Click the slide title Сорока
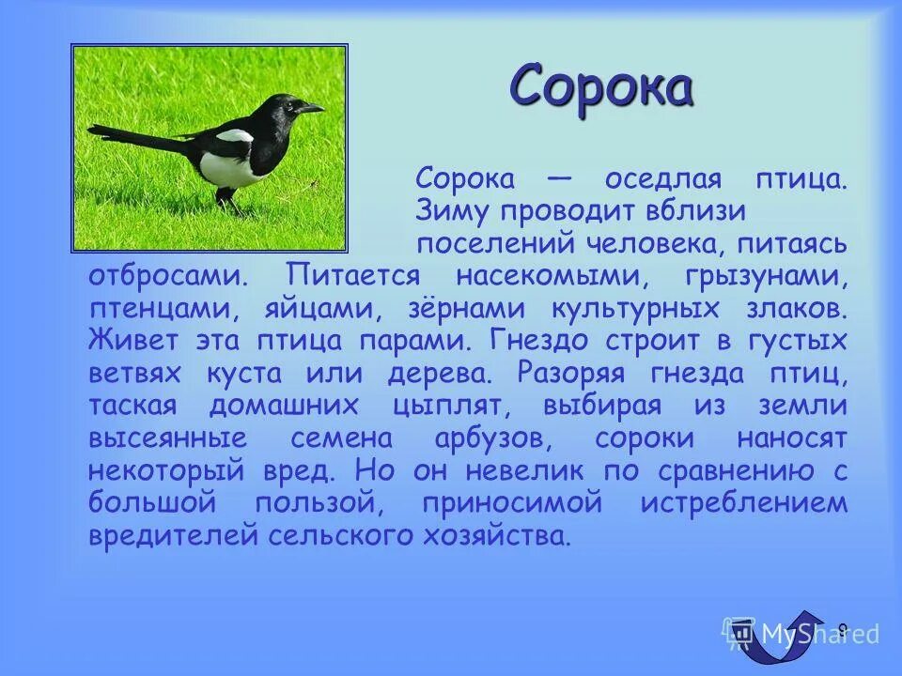click(x=601, y=87)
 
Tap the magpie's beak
click(x=313, y=108)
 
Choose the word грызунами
click(x=767, y=276)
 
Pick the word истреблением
click(x=744, y=502)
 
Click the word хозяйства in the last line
click(x=488, y=535)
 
